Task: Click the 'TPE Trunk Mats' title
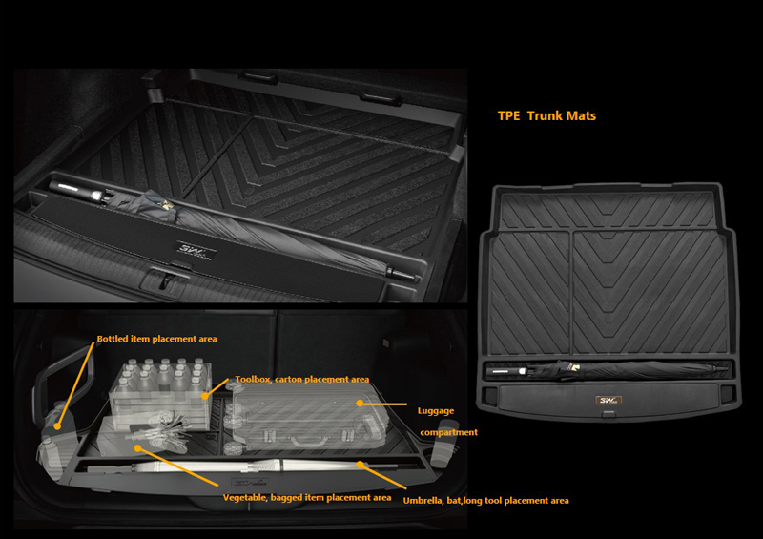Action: click(x=546, y=115)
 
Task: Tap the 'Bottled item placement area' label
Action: click(x=156, y=339)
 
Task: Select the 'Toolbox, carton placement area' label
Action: click(x=302, y=379)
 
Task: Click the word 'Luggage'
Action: click(x=436, y=411)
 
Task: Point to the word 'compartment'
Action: click(x=448, y=432)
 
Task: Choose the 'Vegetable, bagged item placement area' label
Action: click(x=307, y=498)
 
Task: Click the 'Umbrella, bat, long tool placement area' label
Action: click(x=485, y=501)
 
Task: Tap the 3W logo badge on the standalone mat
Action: click(x=608, y=401)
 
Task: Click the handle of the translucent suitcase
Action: click(x=309, y=440)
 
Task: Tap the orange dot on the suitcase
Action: click(x=360, y=404)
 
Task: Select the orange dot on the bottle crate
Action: click(x=206, y=396)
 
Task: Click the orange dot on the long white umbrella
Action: click(x=360, y=465)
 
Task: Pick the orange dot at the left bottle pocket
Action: click(x=57, y=426)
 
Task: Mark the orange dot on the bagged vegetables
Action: click(x=138, y=448)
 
